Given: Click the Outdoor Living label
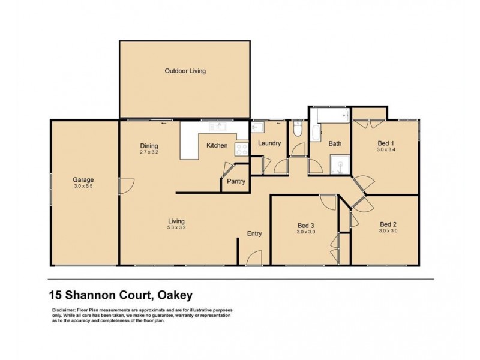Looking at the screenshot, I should (x=185, y=71).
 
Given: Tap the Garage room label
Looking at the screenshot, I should (x=83, y=179).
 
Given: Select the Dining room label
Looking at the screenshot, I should (x=149, y=145).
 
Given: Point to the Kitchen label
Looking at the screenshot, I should (x=217, y=145).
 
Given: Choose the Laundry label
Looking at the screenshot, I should (x=269, y=143).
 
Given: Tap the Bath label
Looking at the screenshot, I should (x=335, y=143).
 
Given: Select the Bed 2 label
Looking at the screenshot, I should (x=388, y=224).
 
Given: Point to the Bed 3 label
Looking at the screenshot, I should (x=306, y=226).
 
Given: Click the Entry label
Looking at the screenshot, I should (x=254, y=233).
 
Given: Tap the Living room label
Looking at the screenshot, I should (x=176, y=221).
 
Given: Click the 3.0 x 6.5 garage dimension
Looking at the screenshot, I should (x=83, y=186).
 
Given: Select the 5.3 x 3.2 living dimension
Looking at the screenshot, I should (x=176, y=228).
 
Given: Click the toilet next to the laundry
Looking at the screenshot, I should (x=298, y=130).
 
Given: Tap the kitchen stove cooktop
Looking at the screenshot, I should (x=242, y=149).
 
